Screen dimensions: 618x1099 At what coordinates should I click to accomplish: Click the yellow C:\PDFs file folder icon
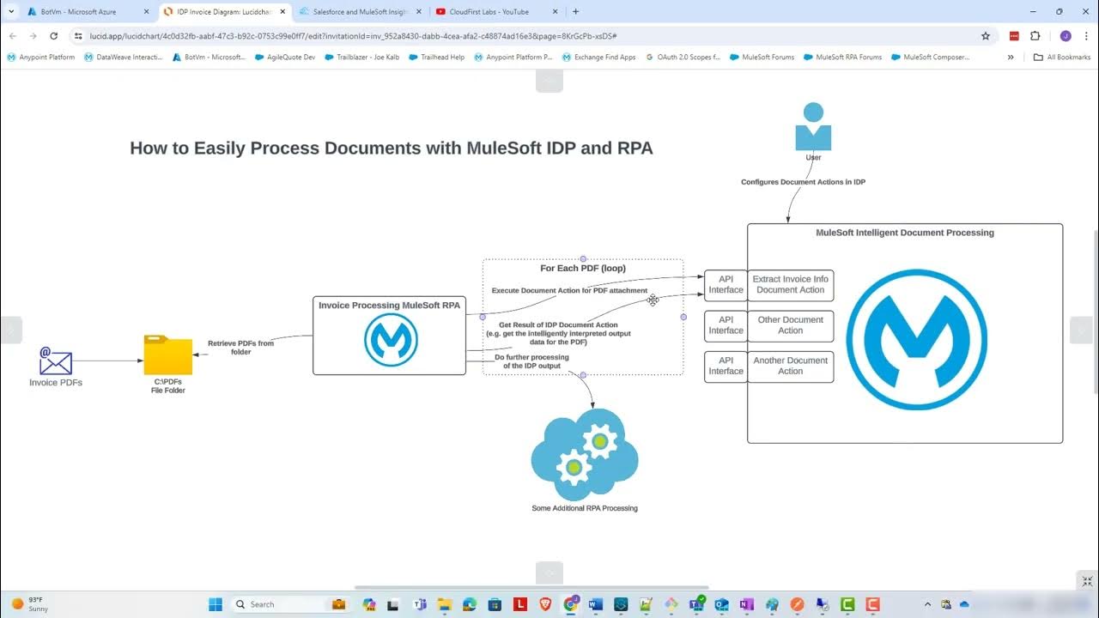click(167, 355)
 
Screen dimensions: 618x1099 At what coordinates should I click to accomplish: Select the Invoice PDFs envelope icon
click(56, 360)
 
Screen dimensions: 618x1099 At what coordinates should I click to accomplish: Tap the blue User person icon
click(813, 127)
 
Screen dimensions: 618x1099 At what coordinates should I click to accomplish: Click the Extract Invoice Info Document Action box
click(790, 285)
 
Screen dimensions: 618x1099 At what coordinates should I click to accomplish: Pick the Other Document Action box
click(790, 325)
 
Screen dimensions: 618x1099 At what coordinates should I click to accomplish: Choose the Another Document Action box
click(790, 367)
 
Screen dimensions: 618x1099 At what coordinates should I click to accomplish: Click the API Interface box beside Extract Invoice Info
click(726, 285)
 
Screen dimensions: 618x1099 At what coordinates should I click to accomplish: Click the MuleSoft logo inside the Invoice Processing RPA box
click(391, 340)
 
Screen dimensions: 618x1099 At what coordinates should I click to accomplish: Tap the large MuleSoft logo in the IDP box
click(916, 340)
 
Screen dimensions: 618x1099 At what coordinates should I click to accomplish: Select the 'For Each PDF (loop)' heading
click(582, 269)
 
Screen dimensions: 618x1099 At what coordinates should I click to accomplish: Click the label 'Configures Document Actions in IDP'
click(804, 182)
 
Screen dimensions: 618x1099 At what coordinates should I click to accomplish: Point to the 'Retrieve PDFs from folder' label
click(240, 348)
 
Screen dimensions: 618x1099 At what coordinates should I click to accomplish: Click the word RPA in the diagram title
click(635, 148)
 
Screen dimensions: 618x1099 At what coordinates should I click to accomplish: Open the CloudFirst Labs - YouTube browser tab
click(489, 12)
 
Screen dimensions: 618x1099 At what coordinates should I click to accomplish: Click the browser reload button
click(54, 36)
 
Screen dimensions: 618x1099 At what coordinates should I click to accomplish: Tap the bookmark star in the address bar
click(986, 36)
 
